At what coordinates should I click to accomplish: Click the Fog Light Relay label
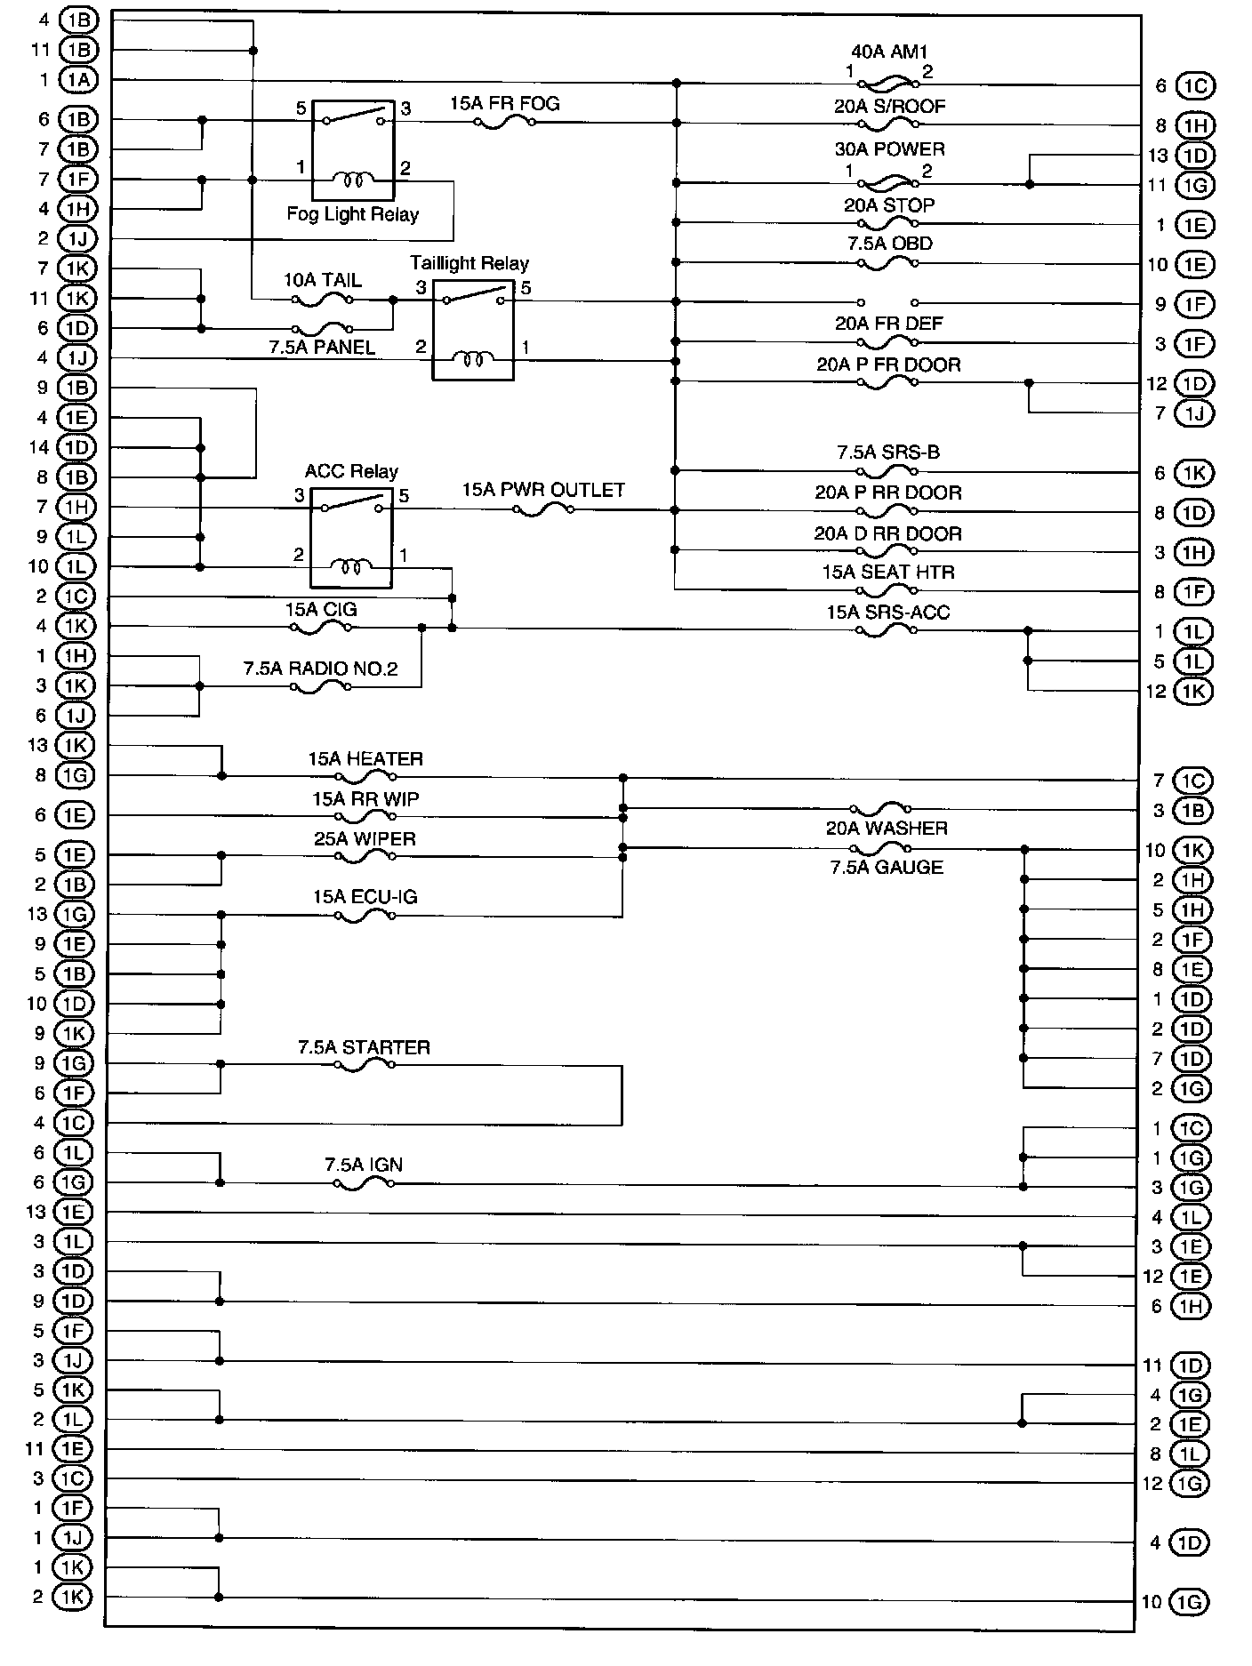tap(352, 214)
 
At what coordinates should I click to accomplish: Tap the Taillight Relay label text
tap(469, 263)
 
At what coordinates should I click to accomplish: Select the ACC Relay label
tap(351, 471)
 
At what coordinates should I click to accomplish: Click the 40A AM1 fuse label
tap(888, 52)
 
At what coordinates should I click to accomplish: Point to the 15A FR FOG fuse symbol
tap(504, 123)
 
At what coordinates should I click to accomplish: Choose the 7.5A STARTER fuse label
tap(364, 1047)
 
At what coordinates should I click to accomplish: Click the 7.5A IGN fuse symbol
tap(363, 1184)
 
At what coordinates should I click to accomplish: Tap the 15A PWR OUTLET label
tap(542, 490)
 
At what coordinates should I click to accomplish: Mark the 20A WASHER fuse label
tap(887, 828)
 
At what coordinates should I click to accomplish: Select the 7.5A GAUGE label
tap(887, 867)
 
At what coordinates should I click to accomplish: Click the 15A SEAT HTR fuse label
tap(887, 572)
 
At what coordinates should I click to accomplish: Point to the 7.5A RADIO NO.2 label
tap(320, 668)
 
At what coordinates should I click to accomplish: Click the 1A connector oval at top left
tap(77, 80)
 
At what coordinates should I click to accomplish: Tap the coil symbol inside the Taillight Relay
tap(472, 359)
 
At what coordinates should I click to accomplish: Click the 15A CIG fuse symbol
tap(321, 628)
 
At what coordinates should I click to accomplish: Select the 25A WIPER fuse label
tap(365, 838)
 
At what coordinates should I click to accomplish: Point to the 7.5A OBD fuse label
tap(887, 244)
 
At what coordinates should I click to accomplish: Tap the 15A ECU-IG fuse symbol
tap(365, 916)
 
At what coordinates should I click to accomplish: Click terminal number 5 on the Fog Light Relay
tap(301, 108)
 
